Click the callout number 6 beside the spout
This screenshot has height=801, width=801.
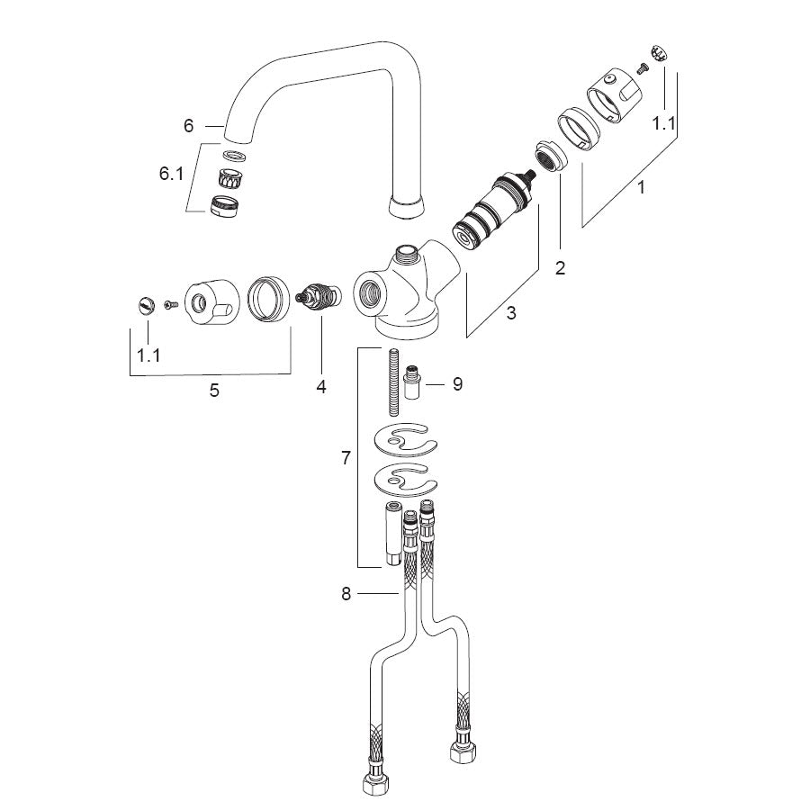click(x=188, y=126)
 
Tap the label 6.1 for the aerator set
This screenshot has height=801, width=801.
click(x=171, y=174)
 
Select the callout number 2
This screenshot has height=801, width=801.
click(x=561, y=267)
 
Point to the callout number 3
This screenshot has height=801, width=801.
click(x=511, y=312)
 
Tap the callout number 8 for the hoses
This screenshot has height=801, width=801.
click(x=346, y=594)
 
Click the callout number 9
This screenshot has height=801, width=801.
click(x=457, y=383)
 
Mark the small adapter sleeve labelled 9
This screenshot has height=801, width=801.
click(x=411, y=382)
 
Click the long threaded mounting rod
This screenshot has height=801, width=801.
click(x=394, y=382)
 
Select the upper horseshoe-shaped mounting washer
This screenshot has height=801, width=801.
click(x=405, y=440)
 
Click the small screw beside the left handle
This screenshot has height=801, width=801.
click(x=171, y=305)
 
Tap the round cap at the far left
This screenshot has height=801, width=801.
click(x=146, y=305)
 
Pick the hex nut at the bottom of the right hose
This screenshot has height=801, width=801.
click(x=463, y=749)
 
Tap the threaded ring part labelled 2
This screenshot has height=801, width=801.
click(x=551, y=156)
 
